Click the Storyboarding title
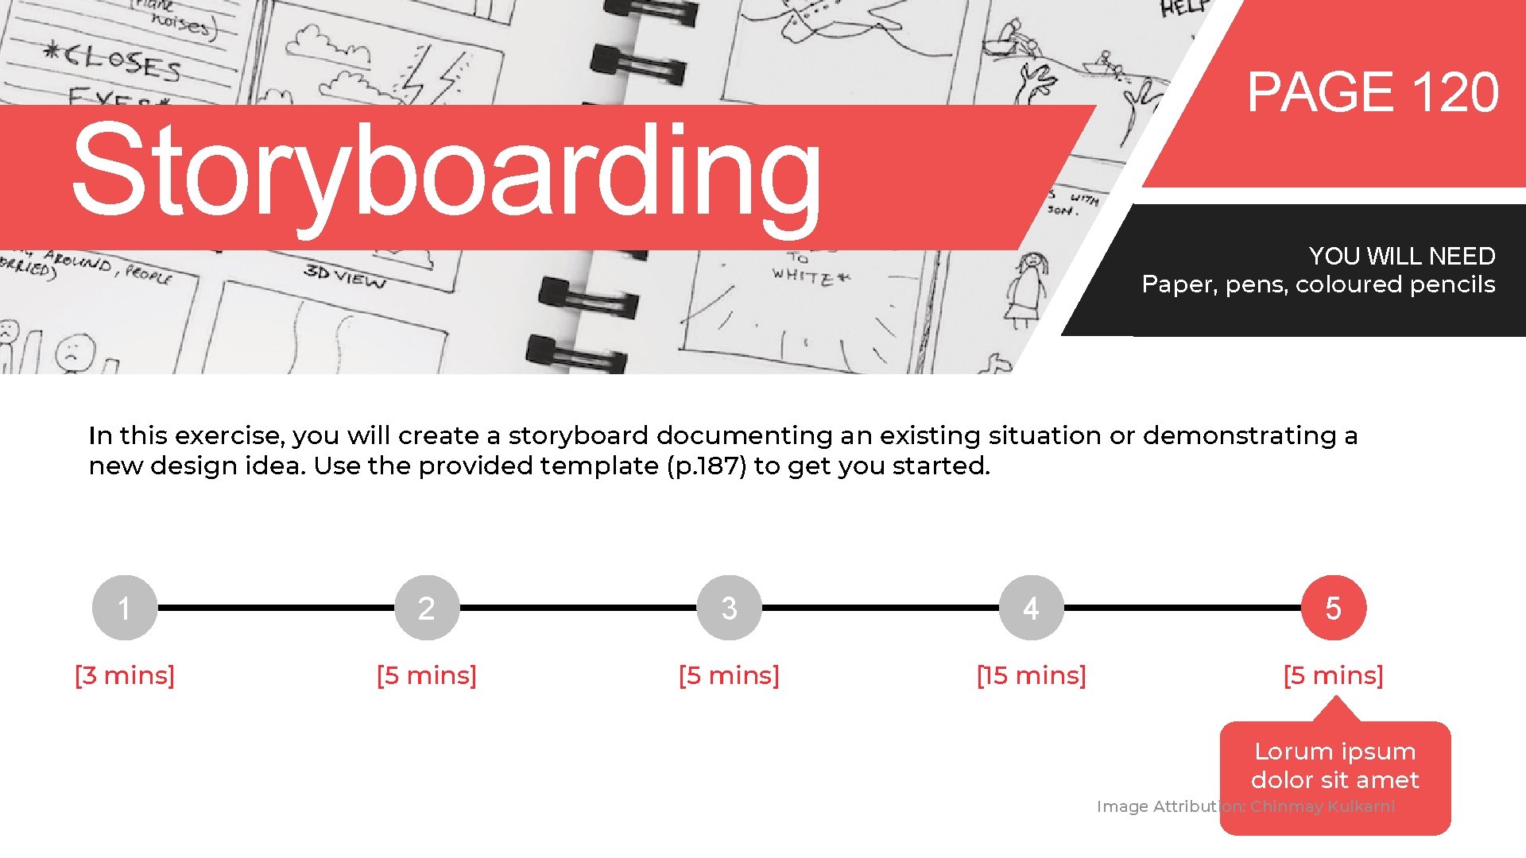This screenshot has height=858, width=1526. click(x=445, y=171)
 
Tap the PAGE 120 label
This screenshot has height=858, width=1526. click(x=1372, y=93)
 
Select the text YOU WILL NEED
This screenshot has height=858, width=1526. click(x=1401, y=256)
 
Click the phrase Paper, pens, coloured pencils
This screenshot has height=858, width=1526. click(x=1318, y=284)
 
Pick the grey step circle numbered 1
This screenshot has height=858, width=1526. click(x=125, y=608)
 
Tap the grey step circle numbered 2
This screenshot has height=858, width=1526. click(x=427, y=608)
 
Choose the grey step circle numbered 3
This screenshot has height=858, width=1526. click(x=729, y=608)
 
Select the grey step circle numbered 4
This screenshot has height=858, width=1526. click(x=1031, y=608)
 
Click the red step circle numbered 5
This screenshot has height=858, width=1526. click(x=1333, y=608)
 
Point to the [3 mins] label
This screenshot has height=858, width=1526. click(x=125, y=675)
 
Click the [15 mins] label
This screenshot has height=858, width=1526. click(x=1031, y=675)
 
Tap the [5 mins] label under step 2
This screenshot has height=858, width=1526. click(x=427, y=675)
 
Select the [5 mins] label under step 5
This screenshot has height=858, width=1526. click(x=1333, y=675)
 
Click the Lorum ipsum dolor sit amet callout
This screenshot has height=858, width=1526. click(x=1334, y=766)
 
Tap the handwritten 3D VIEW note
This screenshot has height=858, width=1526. click(x=344, y=276)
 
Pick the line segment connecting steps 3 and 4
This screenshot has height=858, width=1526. click(x=880, y=608)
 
